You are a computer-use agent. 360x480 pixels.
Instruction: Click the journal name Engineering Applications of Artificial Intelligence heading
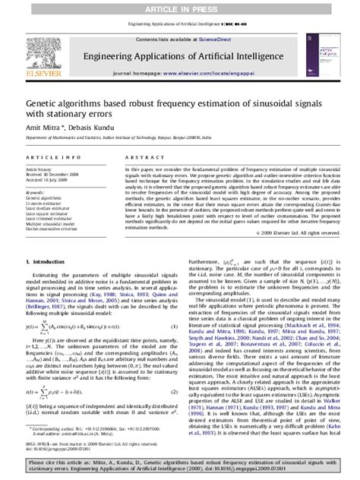[x=179, y=55]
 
